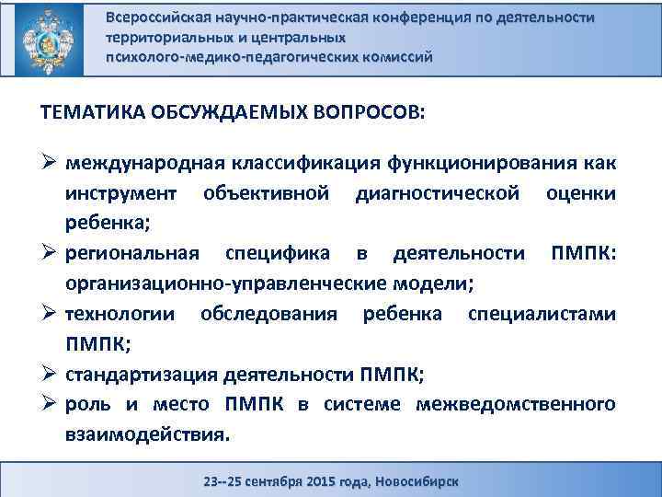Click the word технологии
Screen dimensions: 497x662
click(x=120, y=314)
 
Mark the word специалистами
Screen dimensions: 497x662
click(x=542, y=314)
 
